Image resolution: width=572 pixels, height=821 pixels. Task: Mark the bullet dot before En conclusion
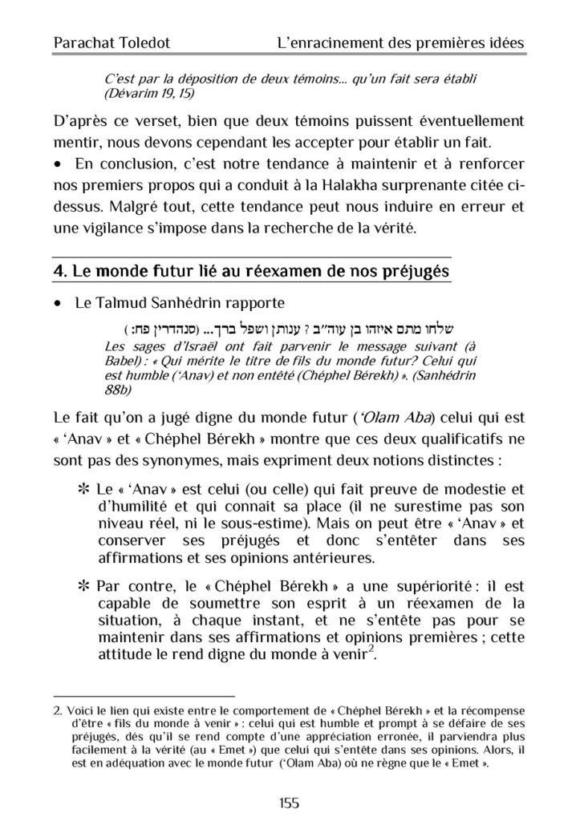(x=57, y=164)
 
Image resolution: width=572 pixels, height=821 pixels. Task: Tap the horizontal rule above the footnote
(x=144, y=696)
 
